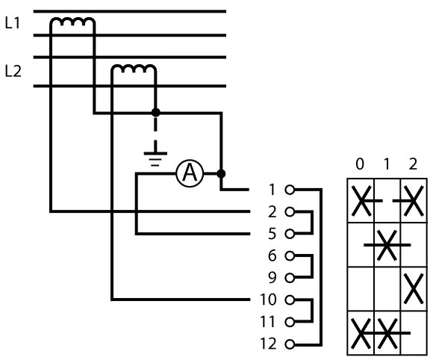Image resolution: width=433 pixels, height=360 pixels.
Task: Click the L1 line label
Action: (x=13, y=23)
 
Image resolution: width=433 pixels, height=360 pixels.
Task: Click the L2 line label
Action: (x=13, y=71)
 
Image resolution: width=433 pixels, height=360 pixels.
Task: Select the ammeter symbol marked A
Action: (x=190, y=173)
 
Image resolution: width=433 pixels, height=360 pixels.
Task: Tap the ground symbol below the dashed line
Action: (x=155, y=159)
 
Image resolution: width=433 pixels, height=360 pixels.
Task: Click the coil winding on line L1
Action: (x=73, y=21)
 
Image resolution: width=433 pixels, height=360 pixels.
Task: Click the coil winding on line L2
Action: (x=134, y=68)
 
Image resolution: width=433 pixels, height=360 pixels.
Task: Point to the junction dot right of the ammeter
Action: (x=221, y=173)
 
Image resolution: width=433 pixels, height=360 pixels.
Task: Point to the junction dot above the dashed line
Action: (x=156, y=113)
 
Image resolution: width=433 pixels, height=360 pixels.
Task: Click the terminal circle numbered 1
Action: (x=290, y=190)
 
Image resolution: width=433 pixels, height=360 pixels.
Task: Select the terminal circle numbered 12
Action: (x=290, y=344)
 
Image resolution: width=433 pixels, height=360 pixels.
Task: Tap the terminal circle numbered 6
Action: (x=290, y=256)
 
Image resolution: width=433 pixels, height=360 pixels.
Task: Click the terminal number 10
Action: (x=268, y=300)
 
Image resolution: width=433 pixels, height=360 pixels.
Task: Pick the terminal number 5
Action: (x=272, y=234)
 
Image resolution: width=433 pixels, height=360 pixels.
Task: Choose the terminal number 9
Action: (x=272, y=278)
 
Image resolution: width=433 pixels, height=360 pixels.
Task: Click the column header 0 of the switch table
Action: (x=360, y=164)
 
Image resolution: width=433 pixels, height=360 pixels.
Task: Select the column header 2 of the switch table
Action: (x=413, y=164)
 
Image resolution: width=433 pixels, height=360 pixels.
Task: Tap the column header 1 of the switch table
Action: (x=387, y=164)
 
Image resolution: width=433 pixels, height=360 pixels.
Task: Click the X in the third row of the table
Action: (x=414, y=289)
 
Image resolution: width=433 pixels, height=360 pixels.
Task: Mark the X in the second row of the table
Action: (x=387, y=245)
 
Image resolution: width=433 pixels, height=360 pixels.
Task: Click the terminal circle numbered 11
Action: (x=290, y=323)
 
